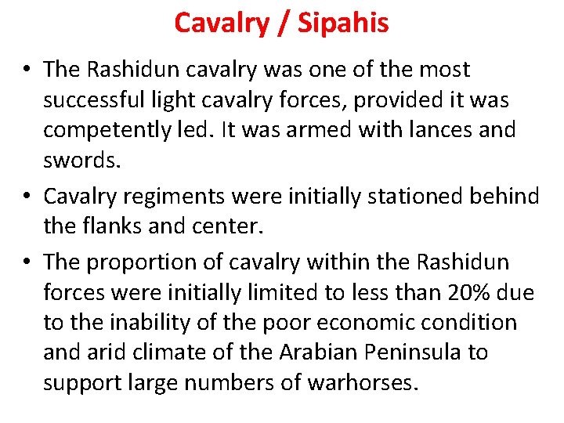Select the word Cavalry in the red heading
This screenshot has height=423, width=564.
click(220, 23)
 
